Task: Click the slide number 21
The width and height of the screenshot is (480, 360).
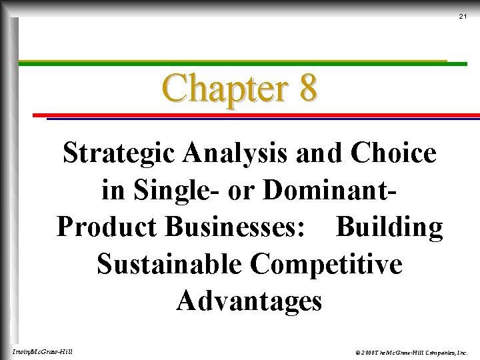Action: point(463,16)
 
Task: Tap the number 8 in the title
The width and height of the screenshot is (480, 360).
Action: point(307,88)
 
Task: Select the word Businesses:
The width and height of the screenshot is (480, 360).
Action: point(235,227)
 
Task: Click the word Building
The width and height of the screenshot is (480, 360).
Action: point(389,227)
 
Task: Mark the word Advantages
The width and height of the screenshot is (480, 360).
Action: point(249,301)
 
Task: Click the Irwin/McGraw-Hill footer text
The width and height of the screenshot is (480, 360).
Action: point(43,351)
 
